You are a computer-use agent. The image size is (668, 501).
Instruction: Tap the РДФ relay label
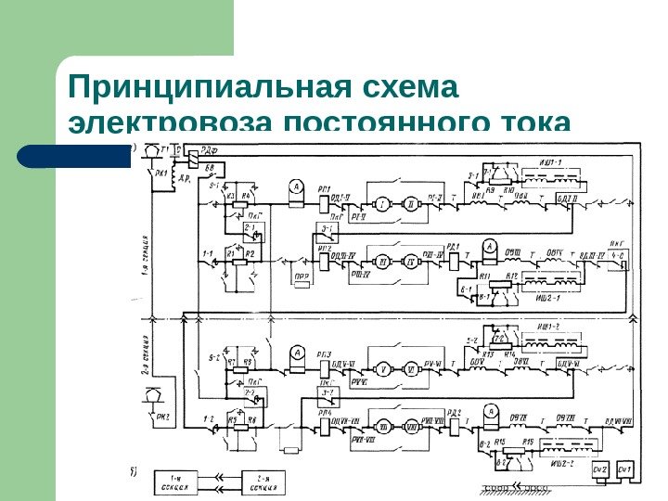coord(211,150)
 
